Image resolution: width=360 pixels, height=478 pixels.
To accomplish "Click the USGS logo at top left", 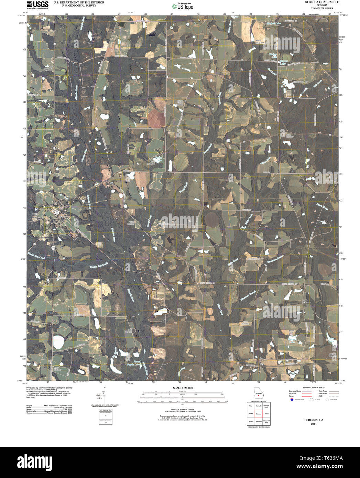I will pyautogui.click(x=37, y=4).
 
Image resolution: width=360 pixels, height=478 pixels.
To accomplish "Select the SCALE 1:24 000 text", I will pyautogui.click(x=183, y=388).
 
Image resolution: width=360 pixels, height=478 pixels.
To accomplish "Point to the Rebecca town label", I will pyautogui.click(x=64, y=217).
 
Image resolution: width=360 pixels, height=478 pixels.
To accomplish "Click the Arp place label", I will pyautogui.click(x=261, y=363).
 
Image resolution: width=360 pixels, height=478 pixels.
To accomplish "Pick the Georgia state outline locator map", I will pyautogui.click(x=258, y=394).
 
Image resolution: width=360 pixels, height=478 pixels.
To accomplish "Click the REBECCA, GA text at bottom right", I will pyautogui.click(x=314, y=420).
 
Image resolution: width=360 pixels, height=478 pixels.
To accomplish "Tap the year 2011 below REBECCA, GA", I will pyautogui.click(x=314, y=424).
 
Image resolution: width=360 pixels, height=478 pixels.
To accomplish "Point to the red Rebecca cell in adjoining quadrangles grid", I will pyautogui.click(x=258, y=414).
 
